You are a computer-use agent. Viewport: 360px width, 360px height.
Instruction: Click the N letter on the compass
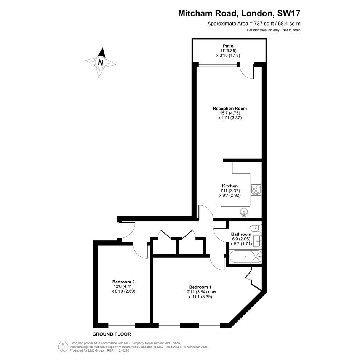pyautogui.click(x=101, y=62)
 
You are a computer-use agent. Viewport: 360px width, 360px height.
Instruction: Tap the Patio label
pyautogui.click(x=228, y=46)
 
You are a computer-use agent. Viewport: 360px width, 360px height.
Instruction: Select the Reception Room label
pyautogui.click(x=230, y=108)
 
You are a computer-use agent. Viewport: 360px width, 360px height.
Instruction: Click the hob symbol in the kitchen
pyautogui.click(x=256, y=190)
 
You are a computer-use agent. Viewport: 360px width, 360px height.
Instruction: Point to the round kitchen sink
pyautogui.click(x=244, y=212)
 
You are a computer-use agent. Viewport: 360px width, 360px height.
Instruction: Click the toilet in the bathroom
pyautogui.click(x=255, y=228)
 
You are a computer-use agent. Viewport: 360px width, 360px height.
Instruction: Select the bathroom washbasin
pyautogui.click(x=257, y=241)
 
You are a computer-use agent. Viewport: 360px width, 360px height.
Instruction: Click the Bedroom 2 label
pyautogui.click(x=123, y=282)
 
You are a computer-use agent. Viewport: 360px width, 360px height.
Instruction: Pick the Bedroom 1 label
pyautogui.click(x=200, y=287)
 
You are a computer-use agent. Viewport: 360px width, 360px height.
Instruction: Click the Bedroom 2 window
pyautogui.click(x=122, y=325)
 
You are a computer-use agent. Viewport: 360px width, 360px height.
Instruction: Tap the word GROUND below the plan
pyautogui.click(x=102, y=334)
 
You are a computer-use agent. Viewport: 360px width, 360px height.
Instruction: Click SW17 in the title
pyautogui.click(x=289, y=13)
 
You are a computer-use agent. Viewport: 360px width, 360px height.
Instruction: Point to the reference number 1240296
pyautogui.click(x=123, y=350)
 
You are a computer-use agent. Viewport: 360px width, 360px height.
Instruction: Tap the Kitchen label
pyautogui.click(x=230, y=186)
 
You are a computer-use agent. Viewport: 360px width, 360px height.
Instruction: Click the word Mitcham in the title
pyautogui.click(x=195, y=13)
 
